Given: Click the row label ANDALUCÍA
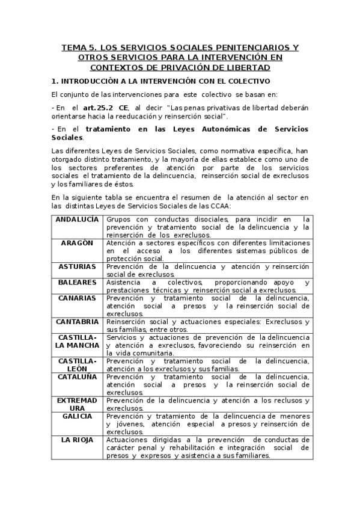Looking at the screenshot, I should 77,219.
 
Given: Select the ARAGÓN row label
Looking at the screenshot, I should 77,242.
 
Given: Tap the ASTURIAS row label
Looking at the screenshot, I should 77,266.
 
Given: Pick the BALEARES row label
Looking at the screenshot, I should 77,281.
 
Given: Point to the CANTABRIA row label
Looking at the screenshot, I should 77,321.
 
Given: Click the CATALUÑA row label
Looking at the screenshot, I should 77,376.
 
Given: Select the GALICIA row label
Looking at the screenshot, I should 77,416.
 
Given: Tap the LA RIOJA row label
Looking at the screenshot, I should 77,440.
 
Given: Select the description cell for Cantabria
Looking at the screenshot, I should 207,325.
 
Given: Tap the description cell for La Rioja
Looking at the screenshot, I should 207,447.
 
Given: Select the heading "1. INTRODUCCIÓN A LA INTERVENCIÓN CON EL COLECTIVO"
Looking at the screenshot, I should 161,81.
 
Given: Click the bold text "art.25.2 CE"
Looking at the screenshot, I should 105,107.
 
